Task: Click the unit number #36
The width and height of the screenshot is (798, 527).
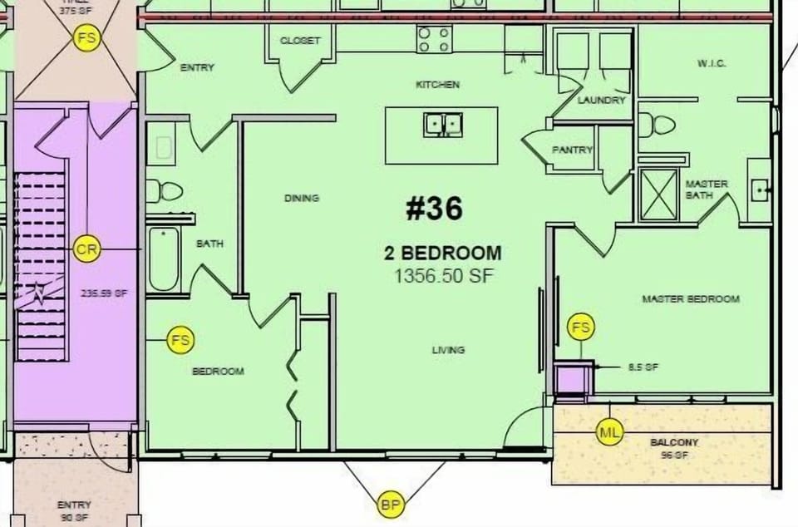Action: (x=433, y=209)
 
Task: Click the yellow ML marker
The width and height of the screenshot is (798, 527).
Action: (x=610, y=432)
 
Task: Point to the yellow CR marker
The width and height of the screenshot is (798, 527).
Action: (x=86, y=249)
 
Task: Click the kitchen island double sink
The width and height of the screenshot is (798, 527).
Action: (x=443, y=125)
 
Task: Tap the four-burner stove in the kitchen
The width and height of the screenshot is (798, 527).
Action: (x=434, y=39)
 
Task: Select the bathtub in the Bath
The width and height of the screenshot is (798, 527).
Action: (x=164, y=259)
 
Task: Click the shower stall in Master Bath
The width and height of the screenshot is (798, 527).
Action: (x=658, y=195)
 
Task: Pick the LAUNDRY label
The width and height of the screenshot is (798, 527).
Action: (x=601, y=101)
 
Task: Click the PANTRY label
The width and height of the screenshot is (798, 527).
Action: (x=572, y=150)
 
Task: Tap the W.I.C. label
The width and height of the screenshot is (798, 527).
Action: (x=711, y=64)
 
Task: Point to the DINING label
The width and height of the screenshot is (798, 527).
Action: (x=302, y=199)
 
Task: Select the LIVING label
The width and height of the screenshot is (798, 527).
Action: (x=448, y=350)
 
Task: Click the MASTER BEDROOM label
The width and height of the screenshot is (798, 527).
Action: (x=691, y=299)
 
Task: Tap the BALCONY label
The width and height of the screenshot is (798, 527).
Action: (x=674, y=442)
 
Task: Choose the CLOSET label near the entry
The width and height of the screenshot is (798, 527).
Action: (x=300, y=41)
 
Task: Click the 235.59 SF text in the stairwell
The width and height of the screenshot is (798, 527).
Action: (x=105, y=293)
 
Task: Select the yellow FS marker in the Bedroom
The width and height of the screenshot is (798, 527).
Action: (x=180, y=340)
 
